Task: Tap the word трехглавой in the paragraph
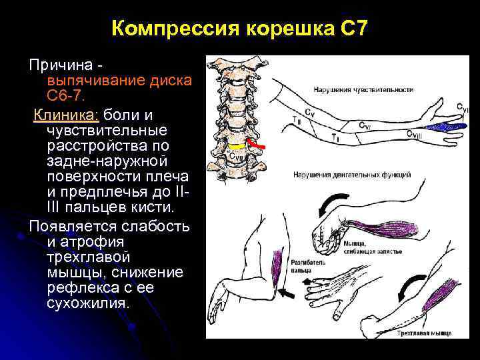pos(90,257)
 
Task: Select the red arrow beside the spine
pos(257,143)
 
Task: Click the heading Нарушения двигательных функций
pos(351,175)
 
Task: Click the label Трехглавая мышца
pos(423,332)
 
